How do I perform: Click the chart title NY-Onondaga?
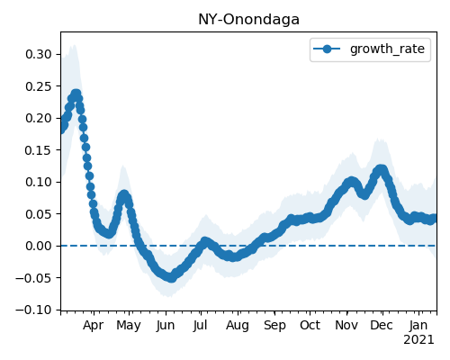(x=248, y=20)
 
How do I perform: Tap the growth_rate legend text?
(x=387, y=49)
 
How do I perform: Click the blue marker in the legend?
(x=327, y=49)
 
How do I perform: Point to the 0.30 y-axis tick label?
(x=39, y=54)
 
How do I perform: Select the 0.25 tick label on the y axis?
(x=39, y=86)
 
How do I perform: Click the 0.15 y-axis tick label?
(x=39, y=150)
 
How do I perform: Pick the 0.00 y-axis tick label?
(x=39, y=246)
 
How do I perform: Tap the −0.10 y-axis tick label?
(x=33, y=310)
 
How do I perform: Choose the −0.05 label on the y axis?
(x=33, y=278)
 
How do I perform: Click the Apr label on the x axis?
(x=94, y=326)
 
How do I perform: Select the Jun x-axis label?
(x=166, y=326)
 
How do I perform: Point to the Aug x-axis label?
(x=238, y=326)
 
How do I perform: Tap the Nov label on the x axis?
(x=346, y=326)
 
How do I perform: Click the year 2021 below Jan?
(x=418, y=340)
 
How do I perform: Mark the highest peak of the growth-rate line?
(x=76, y=94)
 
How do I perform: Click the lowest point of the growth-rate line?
(x=171, y=278)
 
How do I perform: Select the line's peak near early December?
(x=381, y=169)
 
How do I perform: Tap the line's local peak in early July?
(x=205, y=241)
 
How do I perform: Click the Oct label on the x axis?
(x=310, y=326)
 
